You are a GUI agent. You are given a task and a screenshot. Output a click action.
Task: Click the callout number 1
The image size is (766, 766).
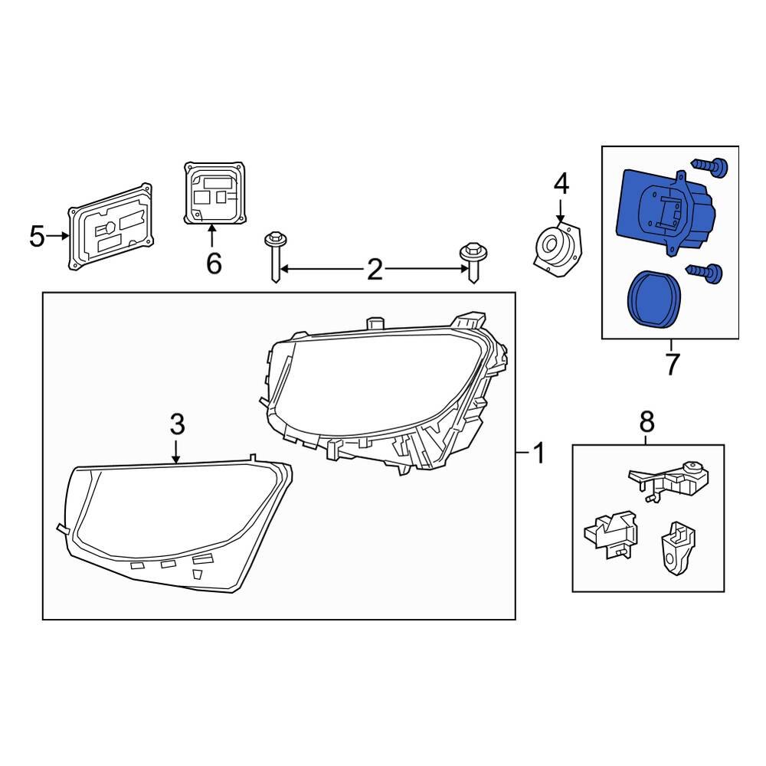point(538,454)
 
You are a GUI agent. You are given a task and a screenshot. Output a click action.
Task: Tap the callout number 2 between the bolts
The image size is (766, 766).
point(374,270)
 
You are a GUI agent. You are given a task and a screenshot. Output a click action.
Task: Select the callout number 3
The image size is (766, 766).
point(177,423)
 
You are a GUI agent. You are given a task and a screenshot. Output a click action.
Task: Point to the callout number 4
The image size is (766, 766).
point(561,184)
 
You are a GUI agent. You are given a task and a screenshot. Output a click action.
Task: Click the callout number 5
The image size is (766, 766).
point(37,237)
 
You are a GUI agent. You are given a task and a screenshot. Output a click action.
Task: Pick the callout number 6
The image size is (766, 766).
point(214,264)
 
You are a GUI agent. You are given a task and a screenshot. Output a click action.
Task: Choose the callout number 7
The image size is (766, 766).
point(672,365)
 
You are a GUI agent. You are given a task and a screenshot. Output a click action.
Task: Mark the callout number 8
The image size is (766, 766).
point(647,420)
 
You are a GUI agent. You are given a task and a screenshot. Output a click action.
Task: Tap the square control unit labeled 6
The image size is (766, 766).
point(214,193)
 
